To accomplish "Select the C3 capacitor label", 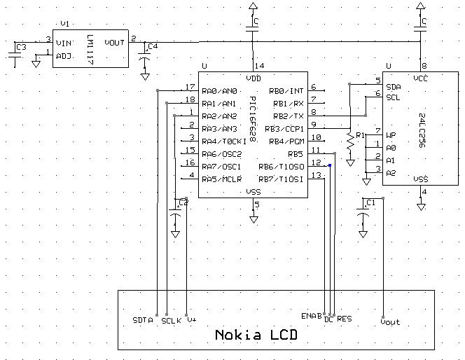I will pyautogui.click(x=21, y=47).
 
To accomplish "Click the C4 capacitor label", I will pyautogui.click(x=153, y=47).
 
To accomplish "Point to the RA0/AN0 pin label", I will pyautogui.click(x=219, y=90).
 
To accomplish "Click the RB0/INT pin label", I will pyautogui.click(x=286, y=90).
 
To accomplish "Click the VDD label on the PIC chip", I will pyautogui.click(x=254, y=78).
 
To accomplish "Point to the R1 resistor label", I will pyautogui.click(x=360, y=134).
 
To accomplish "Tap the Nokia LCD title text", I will pyautogui.click(x=256, y=335).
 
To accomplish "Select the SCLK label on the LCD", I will pyautogui.click(x=171, y=320).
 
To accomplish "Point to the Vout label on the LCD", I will pyautogui.click(x=390, y=321).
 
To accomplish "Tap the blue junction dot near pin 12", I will pyautogui.click(x=329, y=166).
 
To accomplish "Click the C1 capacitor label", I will pyautogui.click(x=371, y=203).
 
